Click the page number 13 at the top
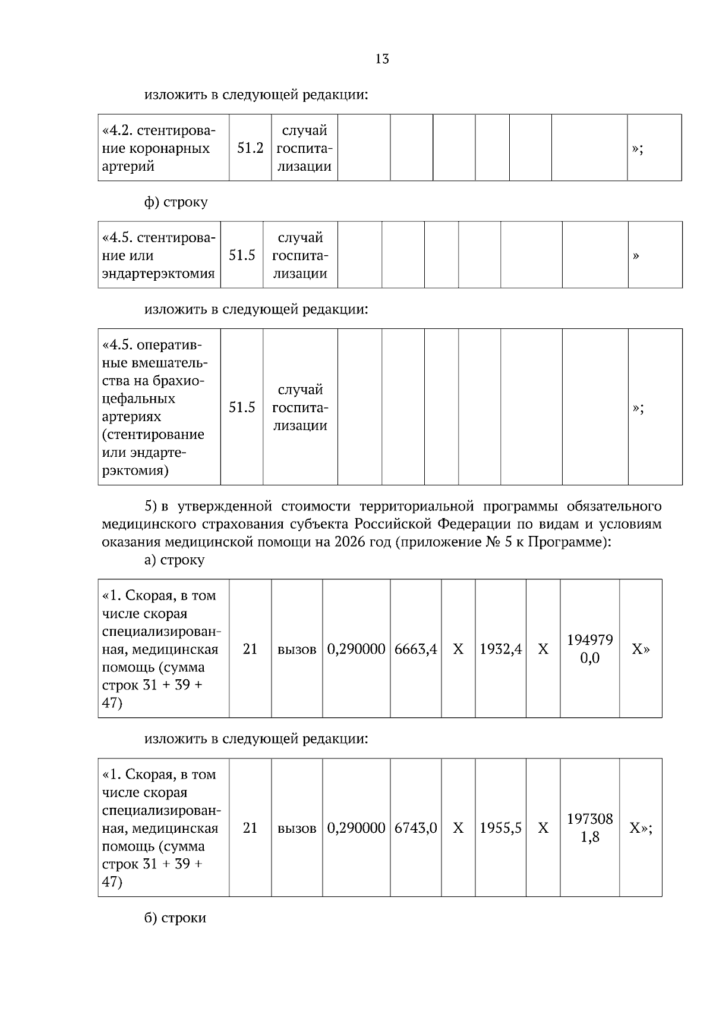[382, 59]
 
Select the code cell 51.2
[250, 148]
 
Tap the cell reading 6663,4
[415, 649]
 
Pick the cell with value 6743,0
[415, 828]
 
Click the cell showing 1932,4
[500, 649]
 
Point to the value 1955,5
[500, 828]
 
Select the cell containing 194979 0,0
[589, 649]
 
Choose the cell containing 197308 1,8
[589, 828]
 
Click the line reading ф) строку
[176, 202]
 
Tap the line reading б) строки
[175, 918]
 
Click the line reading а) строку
[174, 560]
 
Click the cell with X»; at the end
[641, 828]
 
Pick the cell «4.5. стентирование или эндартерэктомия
[159, 256]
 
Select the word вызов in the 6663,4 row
[296, 650]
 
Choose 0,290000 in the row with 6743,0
[356, 828]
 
